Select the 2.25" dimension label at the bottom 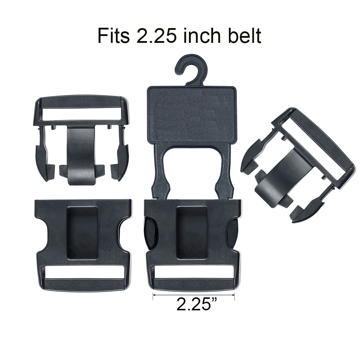(195, 304)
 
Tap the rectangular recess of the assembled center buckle (192, 232)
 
